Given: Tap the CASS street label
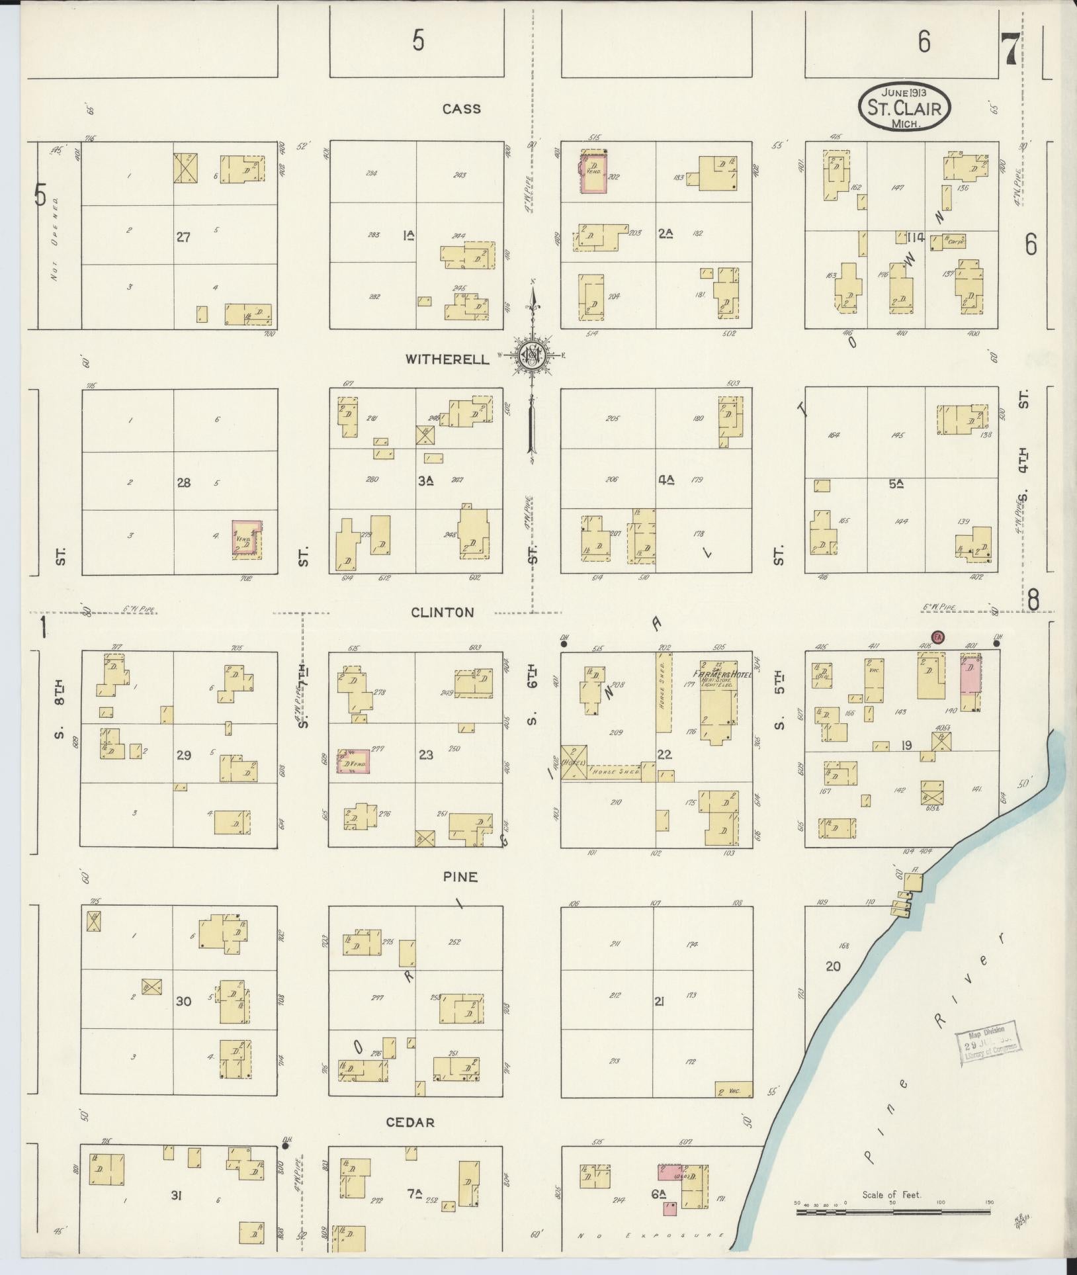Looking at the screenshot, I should pos(461,109).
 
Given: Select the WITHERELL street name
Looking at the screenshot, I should pos(447,359).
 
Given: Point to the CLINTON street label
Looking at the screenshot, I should pos(442,613).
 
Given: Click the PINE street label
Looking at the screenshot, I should pos(460,877).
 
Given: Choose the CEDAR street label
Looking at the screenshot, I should pos(410,1122).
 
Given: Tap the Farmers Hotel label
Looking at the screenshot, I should pos(726,674).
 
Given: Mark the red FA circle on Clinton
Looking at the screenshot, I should pos(937,638).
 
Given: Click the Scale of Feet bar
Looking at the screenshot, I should pos(893,1211).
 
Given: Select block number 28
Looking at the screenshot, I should pos(183,482).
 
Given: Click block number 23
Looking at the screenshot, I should pos(425,754).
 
